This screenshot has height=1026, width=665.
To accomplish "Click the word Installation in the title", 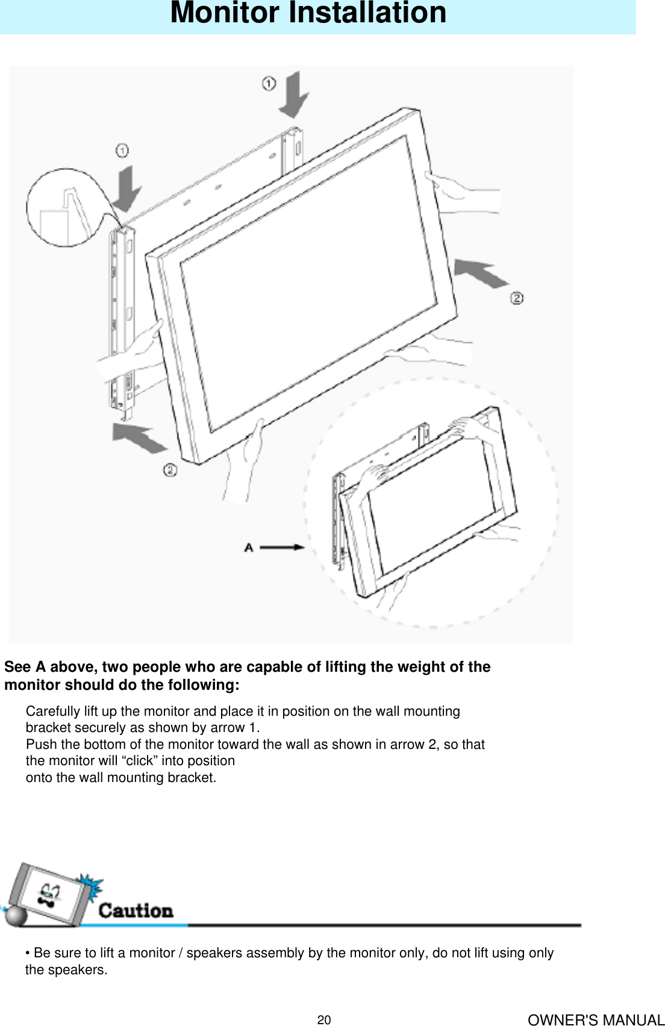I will tap(368, 13).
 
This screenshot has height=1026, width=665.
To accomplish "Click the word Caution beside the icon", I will tap(136, 910).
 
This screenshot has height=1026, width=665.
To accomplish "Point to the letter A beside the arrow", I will tap(249, 547).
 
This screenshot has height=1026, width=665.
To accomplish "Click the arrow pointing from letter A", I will tap(282, 547).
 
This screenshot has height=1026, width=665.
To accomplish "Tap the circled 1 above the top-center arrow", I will tap(269, 83).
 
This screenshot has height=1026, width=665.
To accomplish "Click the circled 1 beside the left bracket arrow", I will tap(122, 150).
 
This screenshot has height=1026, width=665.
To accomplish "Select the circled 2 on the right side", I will tap(517, 298).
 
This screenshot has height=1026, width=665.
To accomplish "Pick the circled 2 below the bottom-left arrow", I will tap(170, 469).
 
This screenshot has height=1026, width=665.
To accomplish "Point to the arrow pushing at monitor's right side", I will tap(480, 274).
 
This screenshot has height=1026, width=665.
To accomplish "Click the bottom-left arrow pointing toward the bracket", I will tap(140, 437).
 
